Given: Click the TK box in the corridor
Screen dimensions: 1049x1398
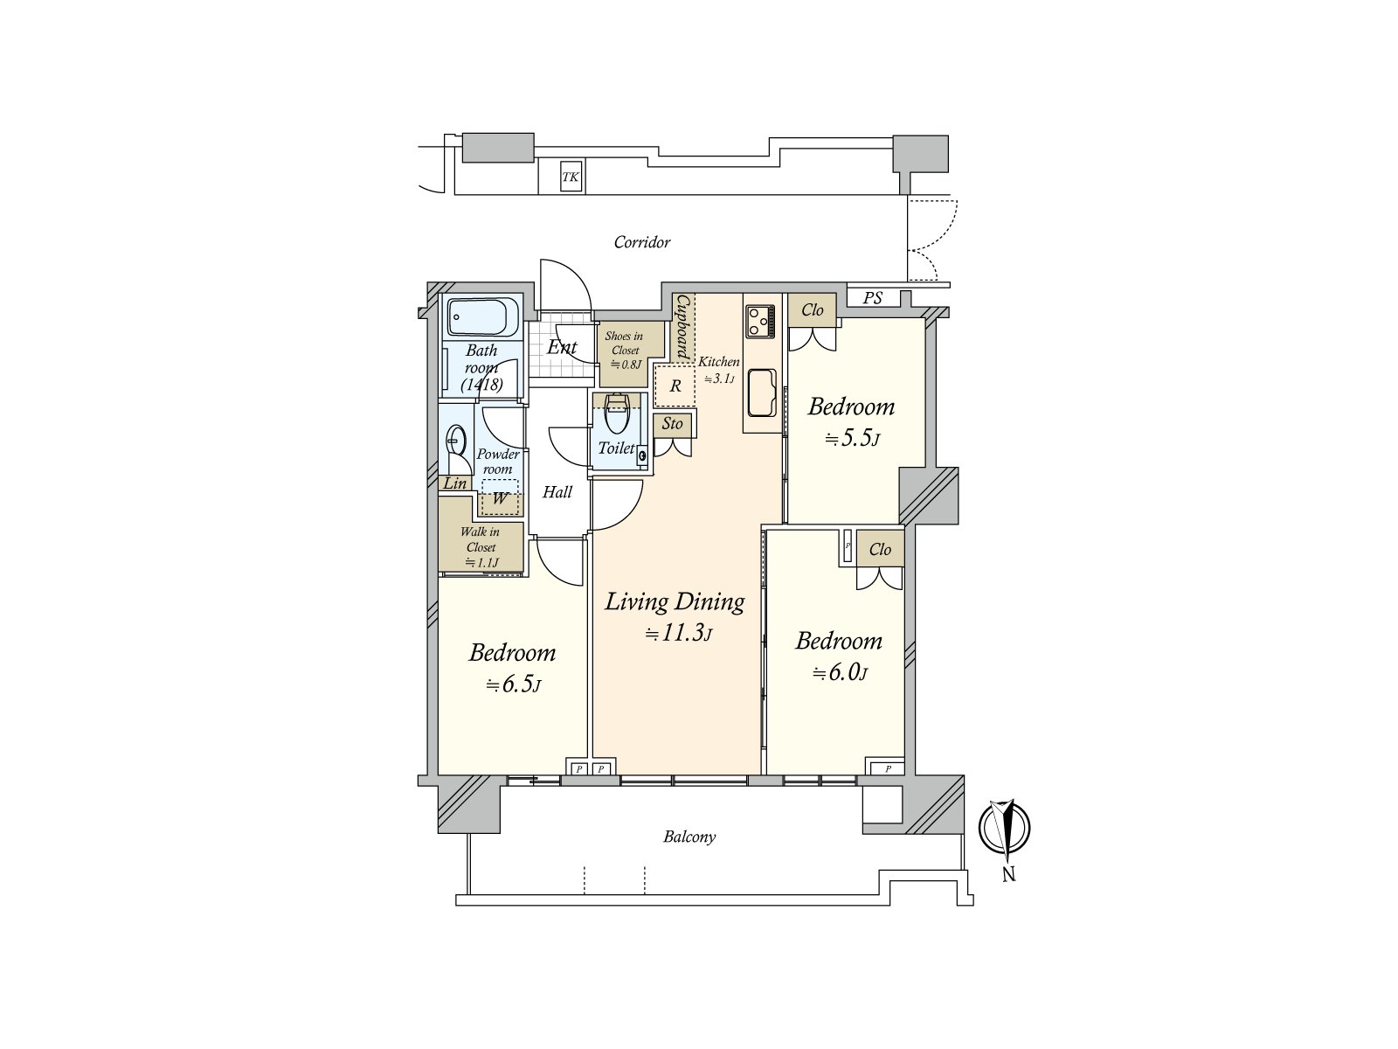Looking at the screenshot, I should pos(571,178).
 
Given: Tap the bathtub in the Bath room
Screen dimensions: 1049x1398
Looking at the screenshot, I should pos(483,317).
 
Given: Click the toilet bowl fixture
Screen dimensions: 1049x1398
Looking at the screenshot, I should pos(617,415).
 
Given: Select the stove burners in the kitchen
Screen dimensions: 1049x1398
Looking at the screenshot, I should pos(759,321).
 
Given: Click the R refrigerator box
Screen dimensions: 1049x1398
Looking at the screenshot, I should pos(675,386).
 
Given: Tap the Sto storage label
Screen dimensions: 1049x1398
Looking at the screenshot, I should pos(672,425).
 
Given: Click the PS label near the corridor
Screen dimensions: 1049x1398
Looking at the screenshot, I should pos(872,298).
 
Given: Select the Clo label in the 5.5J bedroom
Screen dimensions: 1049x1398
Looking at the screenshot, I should pos(812,309).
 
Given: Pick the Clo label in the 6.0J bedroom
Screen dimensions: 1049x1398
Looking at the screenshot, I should pos(880,549).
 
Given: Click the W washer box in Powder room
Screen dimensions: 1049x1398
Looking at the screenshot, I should pos(500,500).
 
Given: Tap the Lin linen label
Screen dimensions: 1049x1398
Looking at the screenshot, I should pos(454,483).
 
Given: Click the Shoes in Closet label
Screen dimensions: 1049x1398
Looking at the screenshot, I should pos(624,350).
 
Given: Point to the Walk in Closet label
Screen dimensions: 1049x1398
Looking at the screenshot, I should pos(480,547).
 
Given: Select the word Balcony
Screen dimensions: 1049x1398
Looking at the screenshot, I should pos(689,837).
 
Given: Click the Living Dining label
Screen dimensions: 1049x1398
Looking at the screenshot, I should pos(675,601).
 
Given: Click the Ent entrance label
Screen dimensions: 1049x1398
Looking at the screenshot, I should pos(561,347).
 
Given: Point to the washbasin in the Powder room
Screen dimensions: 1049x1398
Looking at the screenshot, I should pos(456,439).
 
